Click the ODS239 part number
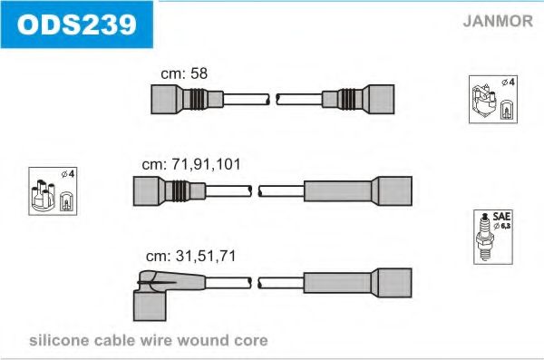click(77, 24)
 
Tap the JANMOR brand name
click(498, 21)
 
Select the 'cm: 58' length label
click(184, 73)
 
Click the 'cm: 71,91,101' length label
click(191, 164)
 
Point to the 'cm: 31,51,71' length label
click(190, 257)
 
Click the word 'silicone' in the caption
click(59, 340)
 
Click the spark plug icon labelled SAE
click(486, 238)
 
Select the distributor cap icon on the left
click(43, 196)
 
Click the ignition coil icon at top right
click(483, 101)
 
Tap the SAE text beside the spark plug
click(501, 217)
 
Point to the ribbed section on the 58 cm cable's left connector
click(199, 99)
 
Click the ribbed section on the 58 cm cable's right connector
click(346, 99)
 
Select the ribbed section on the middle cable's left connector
click(180, 191)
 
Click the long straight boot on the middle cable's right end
click(358, 191)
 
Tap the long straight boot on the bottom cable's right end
click(358, 283)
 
